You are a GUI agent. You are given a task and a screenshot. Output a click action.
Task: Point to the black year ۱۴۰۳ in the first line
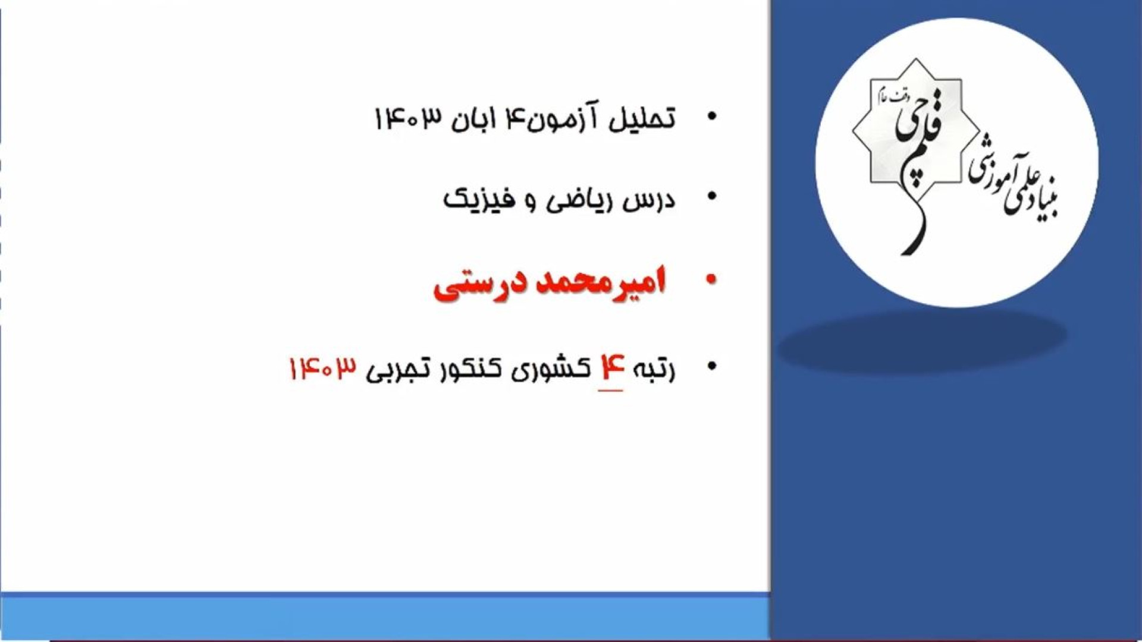pyautogui.click(x=409, y=118)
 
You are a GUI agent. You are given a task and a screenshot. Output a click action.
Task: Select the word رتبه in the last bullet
pyautogui.click(x=651, y=369)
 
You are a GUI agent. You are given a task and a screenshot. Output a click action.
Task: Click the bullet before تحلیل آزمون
pyautogui.click(x=711, y=117)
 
